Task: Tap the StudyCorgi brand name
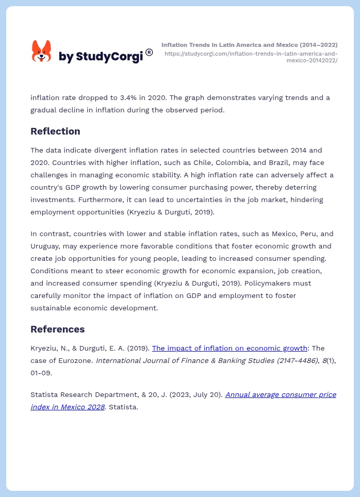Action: tap(101, 56)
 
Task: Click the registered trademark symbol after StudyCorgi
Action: tap(149, 52)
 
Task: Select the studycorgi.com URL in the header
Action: tap(251, 57)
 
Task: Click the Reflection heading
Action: tap(55, 131)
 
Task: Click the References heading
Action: tap(57, 329)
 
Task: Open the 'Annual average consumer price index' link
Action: tap(281, 394)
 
